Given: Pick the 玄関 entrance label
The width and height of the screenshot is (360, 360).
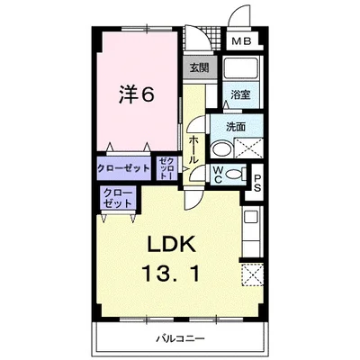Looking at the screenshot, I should [x=198, y=67].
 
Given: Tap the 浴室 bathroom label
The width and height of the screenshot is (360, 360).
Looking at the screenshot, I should [x=238, y=94].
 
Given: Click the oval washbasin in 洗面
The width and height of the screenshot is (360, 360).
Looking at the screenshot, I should [x=220, y=148].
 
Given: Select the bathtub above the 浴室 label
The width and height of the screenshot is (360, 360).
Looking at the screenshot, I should [x=238, y=71].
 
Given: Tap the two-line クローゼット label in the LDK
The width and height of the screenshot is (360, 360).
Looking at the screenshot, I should [x=118, y=198].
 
